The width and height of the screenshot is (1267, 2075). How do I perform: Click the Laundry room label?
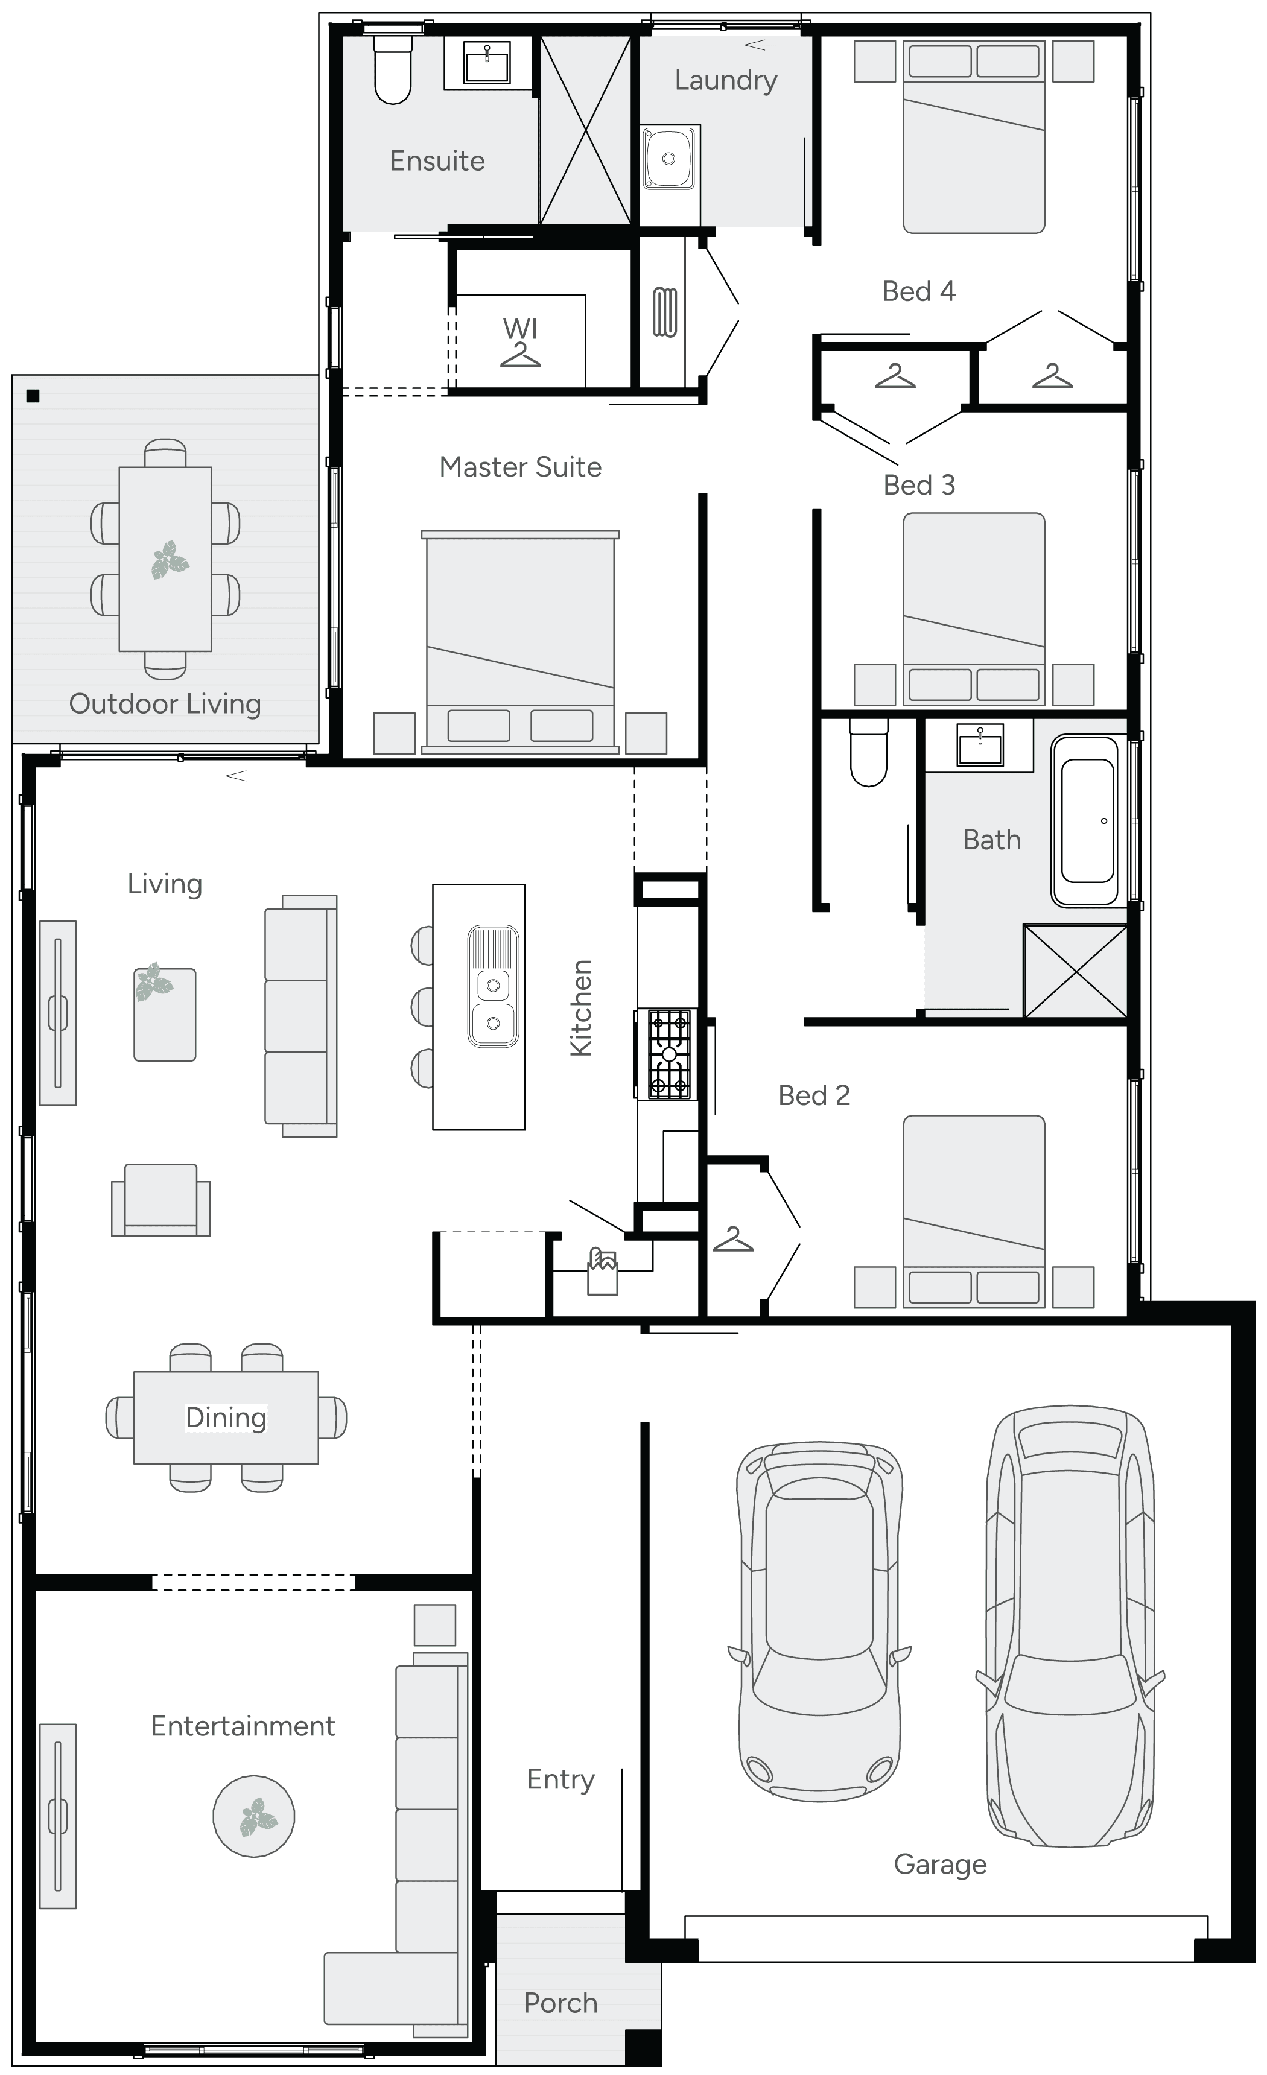(x=725, y=81)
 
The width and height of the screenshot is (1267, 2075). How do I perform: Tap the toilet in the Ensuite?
(x=393, y=69)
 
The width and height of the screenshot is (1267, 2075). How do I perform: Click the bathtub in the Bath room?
(x=1088, y=820)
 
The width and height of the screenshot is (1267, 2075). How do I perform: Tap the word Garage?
(x=940, y=1864)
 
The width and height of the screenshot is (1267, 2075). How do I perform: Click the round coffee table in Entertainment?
(x=253, y=1816)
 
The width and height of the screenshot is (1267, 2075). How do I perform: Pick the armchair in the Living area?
(x=161, y=1199)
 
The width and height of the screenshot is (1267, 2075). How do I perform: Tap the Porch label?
(x=560, y=2003)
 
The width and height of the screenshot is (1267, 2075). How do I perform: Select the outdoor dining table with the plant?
(x=165, y=559)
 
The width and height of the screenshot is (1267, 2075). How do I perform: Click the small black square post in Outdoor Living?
(x=33, y=396)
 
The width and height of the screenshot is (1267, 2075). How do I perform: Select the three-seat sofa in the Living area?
(x=300, y=1016)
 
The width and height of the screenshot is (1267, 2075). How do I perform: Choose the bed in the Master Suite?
(x=521, y=642)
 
